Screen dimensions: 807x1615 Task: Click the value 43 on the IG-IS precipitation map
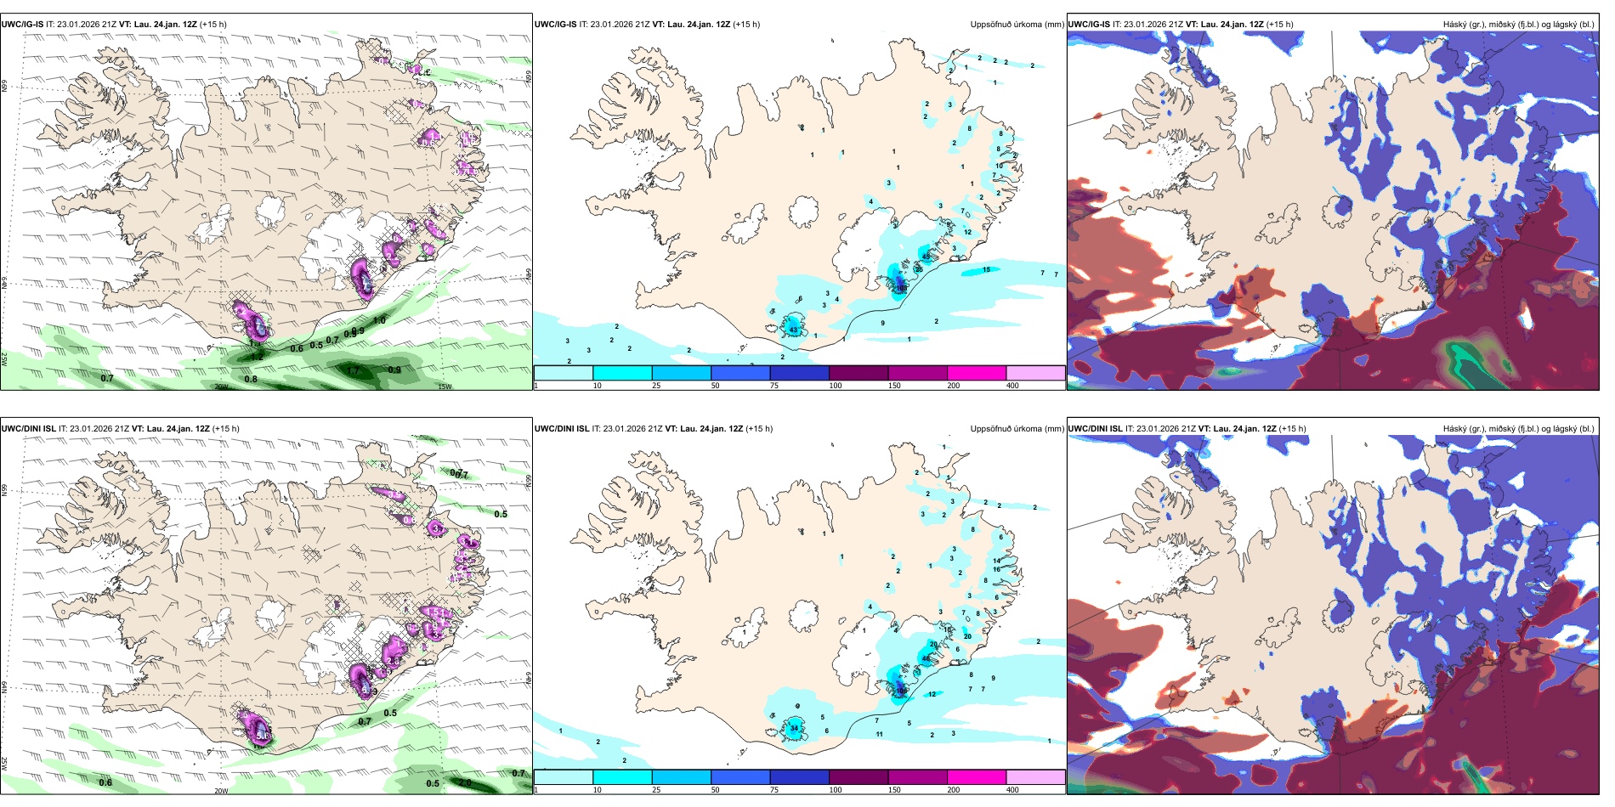793,330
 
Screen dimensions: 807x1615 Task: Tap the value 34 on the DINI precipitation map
794,728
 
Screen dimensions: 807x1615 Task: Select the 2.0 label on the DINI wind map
465,782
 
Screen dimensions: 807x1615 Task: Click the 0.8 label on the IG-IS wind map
251,379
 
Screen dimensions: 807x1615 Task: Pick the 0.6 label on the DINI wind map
105,782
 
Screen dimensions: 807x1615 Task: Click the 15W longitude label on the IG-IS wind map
444,387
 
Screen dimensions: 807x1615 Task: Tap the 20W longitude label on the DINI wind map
221,791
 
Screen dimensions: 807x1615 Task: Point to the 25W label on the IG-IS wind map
4,359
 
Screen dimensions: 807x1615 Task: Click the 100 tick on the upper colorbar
836,386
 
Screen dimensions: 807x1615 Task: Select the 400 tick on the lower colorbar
1012,790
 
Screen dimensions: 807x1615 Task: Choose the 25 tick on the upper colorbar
656,386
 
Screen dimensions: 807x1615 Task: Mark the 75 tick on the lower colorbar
774,790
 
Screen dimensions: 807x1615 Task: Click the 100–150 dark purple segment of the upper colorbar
858,373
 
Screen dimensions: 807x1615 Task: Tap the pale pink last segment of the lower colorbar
1035,777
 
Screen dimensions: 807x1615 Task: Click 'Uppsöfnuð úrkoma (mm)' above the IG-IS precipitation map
1017,25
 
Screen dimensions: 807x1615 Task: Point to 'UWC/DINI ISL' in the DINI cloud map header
1095,429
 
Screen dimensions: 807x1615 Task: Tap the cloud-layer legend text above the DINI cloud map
1518,429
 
